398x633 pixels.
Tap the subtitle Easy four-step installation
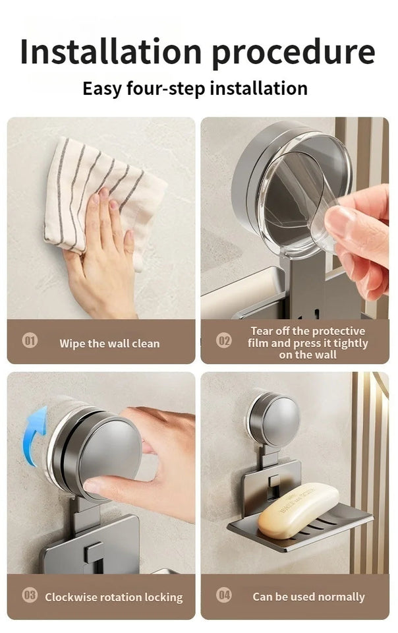[195, 88]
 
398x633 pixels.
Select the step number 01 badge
[30, 341]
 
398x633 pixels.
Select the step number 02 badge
[224, 341]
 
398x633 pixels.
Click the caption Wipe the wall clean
[109, 344]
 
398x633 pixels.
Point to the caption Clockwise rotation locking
[113, 597]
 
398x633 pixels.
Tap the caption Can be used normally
[308, 597]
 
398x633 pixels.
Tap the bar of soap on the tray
[298, 510]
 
